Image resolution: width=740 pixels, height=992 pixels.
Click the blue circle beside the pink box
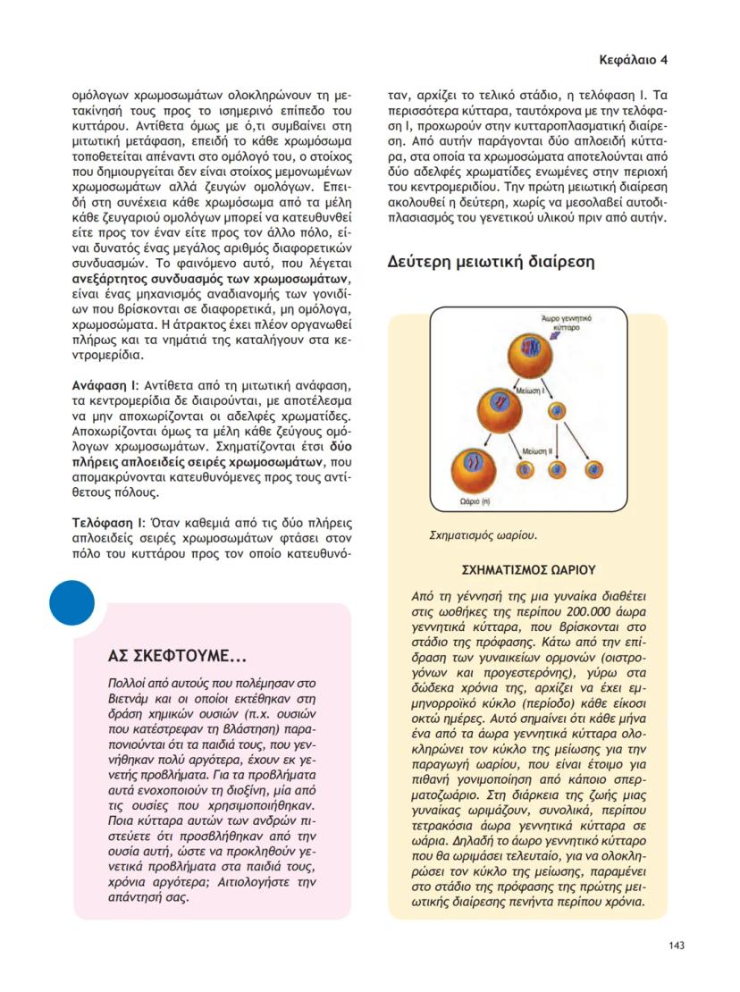(72, 602)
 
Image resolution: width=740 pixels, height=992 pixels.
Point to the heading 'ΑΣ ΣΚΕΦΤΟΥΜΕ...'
(177, 657)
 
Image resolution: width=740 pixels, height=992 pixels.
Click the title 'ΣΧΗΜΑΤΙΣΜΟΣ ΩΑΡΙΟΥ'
(528, 568)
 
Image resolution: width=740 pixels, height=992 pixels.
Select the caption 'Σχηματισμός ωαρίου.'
(484, 535)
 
